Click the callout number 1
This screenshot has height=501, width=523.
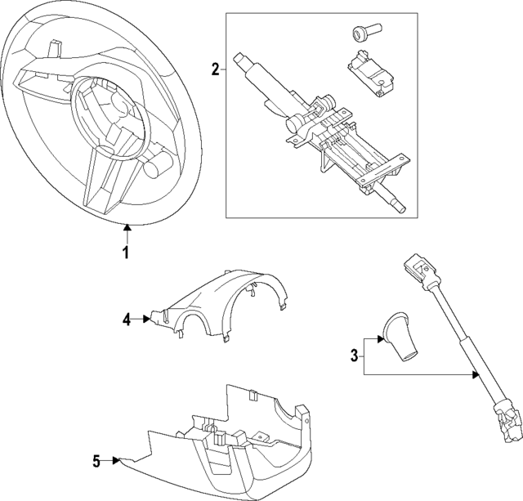126,253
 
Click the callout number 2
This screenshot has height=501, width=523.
215,69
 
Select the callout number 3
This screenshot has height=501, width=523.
354,355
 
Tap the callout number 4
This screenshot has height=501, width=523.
127,320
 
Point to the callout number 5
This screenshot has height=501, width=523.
96,462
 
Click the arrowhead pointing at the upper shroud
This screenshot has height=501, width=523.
147,320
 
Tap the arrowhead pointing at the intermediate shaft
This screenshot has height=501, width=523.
475,374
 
